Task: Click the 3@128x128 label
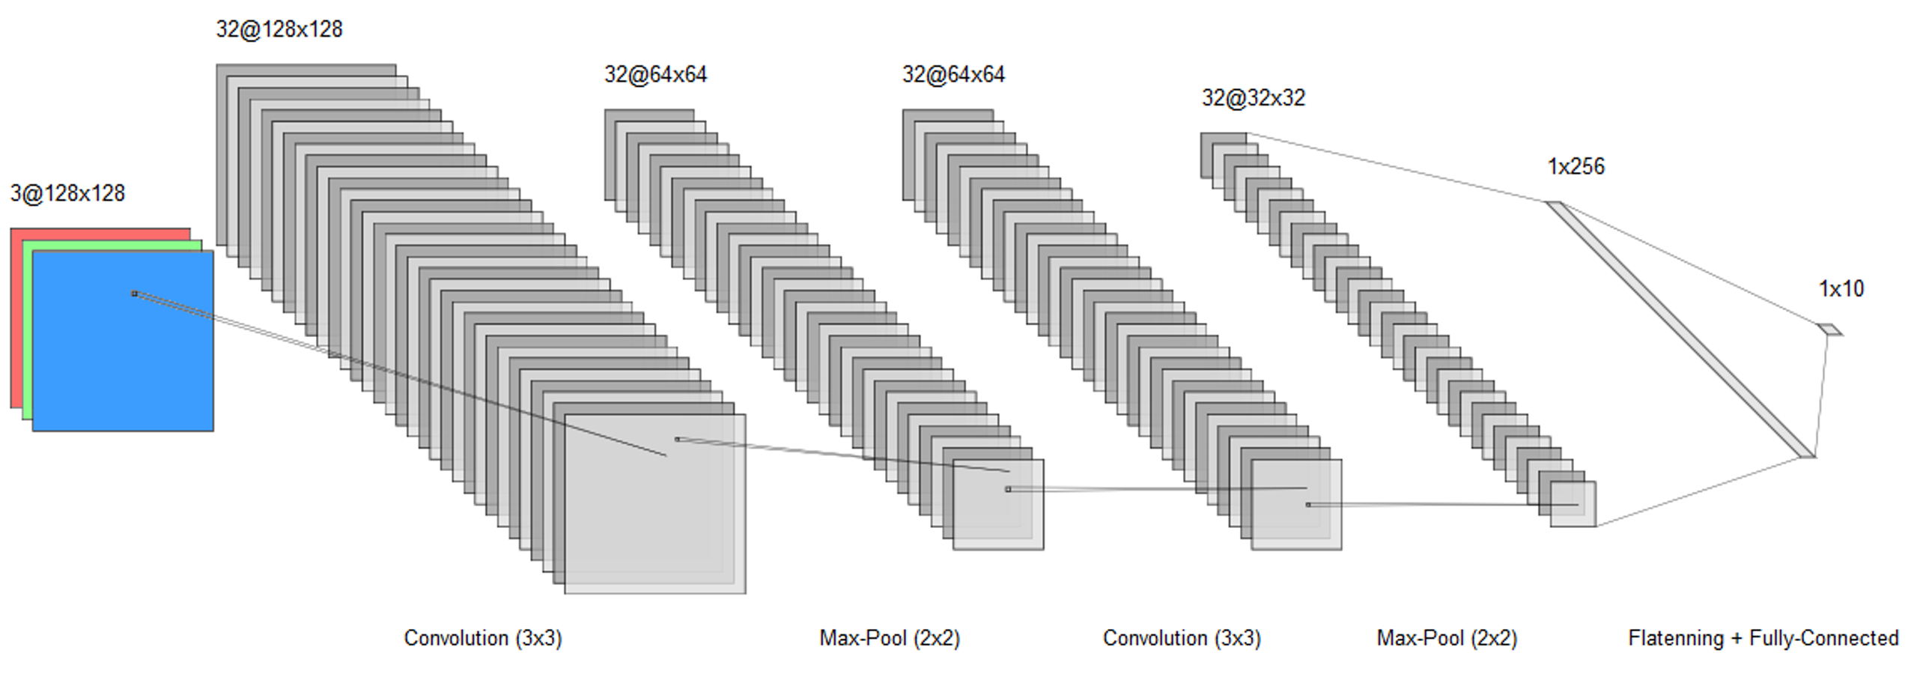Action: pos(67,193)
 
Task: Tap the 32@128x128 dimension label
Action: pos(279,29)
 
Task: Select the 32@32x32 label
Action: pos(1253,98)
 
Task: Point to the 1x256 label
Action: pos(1576,166)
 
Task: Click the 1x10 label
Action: pos(1841,288)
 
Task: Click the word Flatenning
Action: pos(1675,638)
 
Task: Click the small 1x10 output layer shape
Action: pos(1829,329)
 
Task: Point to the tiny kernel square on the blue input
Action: pos(135,294)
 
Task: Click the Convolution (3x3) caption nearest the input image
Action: pos(482,638)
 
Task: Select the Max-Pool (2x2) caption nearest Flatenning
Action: pos(1446,638)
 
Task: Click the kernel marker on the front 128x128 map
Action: pos(677,440)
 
